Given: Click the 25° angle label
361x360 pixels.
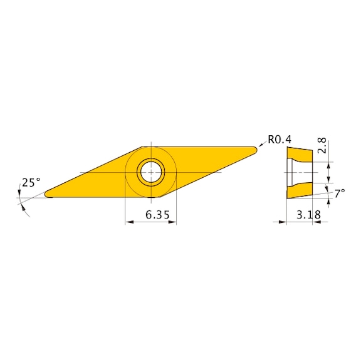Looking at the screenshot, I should (x=31, y=182).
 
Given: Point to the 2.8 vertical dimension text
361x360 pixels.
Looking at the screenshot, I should (x=322, y=147).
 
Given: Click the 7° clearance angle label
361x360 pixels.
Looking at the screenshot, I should (x=339, y=193).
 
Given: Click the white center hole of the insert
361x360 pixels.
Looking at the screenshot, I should (x=150, y=172).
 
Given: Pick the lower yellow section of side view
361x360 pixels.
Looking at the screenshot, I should (x=300, y=191).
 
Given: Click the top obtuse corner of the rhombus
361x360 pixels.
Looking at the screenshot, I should (x=145, y=147).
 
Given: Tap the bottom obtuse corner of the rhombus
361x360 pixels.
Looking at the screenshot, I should (x=157, y=197).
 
